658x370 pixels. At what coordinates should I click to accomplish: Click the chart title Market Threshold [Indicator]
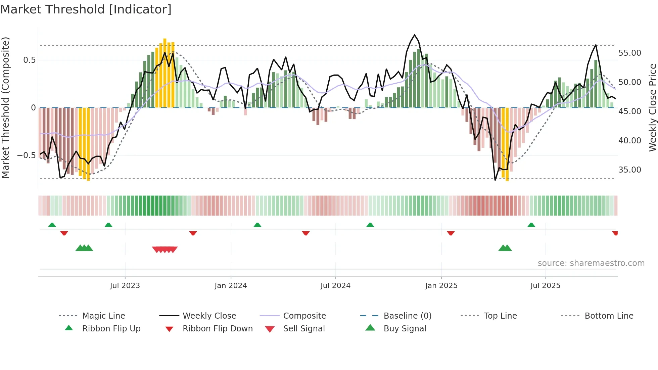click(x=86, y=9)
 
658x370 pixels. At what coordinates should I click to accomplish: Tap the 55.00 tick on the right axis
click(x=629, y=53)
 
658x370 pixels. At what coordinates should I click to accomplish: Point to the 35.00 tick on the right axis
click(x=629, y=170)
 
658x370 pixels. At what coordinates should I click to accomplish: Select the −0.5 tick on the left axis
click(x=26, y=155)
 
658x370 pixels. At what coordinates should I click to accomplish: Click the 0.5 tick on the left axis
click(x=29, y=60)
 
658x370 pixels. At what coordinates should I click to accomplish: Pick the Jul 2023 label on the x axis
click(x=125, y=286)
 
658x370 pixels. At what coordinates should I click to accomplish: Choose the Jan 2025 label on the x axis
click(x=441, y=286)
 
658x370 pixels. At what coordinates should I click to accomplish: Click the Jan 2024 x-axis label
click(x=231, y=286)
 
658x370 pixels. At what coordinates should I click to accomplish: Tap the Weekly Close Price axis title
click(x=652, y=107)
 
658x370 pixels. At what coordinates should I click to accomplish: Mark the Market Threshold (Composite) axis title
click(x=5, y=107)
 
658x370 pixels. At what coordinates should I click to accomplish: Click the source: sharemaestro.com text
click(x=591, y=263)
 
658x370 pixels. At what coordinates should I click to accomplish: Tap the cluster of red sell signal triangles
click(x=164, y=249)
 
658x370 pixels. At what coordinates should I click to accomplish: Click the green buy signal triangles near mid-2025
click(x=505, y=248)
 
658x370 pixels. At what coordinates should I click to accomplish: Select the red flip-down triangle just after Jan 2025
click(x=451, y=233)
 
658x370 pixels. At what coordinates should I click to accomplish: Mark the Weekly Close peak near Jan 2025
click(x=415, y=35)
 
